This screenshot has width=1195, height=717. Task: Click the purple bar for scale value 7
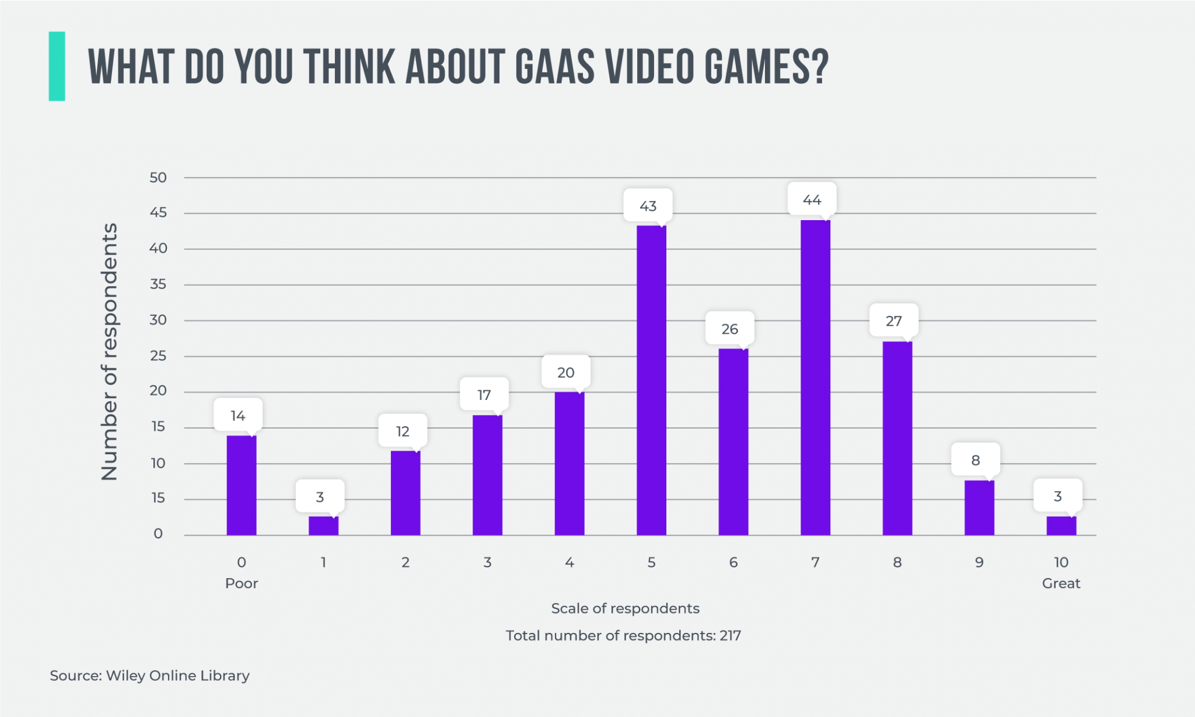pyautogui.click(x=815, y=377)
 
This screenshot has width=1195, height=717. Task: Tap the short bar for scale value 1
pyautogui.click(x=323, y=525)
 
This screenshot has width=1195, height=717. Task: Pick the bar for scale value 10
pyautogui.click(x=1061, y=525)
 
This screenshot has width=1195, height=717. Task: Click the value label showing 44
pyautogui.click(x=812, y=200)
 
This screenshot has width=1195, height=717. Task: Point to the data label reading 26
pyautogui.click(x=729, y=329)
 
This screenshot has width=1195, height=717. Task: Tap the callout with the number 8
pyautogui.click(x=975, y=460)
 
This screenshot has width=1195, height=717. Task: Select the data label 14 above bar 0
pyautogui.click(x=237, y=415)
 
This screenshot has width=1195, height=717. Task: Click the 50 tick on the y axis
pyautogui.click(x=158, y=177)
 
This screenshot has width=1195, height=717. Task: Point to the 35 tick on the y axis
pyautogui.click(x=158, y=284)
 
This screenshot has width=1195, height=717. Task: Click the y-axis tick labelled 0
pyautogui.click(x=158, y=534)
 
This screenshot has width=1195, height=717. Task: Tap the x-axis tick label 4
pyautogui.click(x=569, y=562)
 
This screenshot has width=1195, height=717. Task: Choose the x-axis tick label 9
pyautogui.click(x=979, y=562)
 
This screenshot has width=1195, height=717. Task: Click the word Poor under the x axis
pyautogui.click(x=242, y=583)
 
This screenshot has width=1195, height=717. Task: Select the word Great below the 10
pyautogui.click(x=1061, y=583)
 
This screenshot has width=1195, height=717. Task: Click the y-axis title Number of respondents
pyautogui.click(x=110, y=351)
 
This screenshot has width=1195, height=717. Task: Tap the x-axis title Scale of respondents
pyautogui.click(x=625, y=608)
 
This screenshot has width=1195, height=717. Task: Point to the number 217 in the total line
pyautogui.click(x=730, y=635)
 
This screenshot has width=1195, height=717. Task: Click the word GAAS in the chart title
pyautogui.click(x=555, y=67)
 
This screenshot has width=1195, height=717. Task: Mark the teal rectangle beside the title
pyautogui.click(x=57, y=66)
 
